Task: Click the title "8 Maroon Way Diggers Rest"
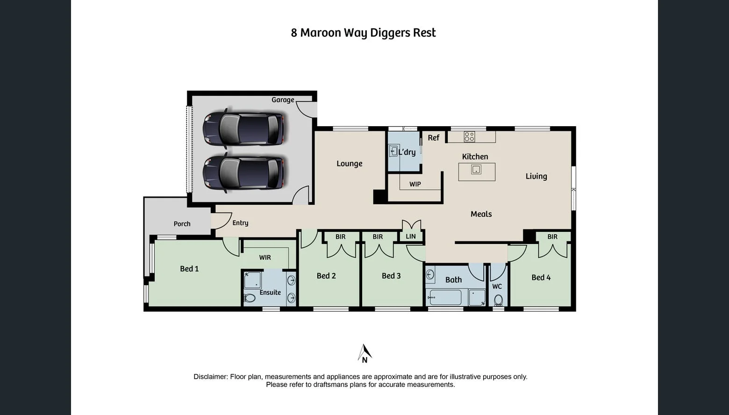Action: pyautogui.click(x=363, y=33)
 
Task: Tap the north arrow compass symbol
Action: pyautogui.click(x=364, y=353)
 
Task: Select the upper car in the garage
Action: pyautogui.click(x=243, y=128)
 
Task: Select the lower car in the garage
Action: pyautogui.click(x=243, y=172)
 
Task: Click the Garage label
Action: pyautogui.click(x=283, y=100)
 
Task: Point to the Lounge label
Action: pyautogui.click(x=349, y=164)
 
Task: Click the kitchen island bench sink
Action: pyautogui.click(x=476, y=170)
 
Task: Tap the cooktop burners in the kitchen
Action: pyautogui.click(x=469, y=136)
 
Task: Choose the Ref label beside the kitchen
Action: pyautogui.click(x=433, y=138)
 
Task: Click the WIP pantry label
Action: pyautogui.click(x=415, y=184)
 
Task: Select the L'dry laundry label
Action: pyautogui.click(x=407, y=152)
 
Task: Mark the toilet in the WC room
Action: pyautogui.click(x=498, y=300)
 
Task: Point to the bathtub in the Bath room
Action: pyautogui.click(x=445, y=297)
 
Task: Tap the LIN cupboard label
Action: pyautogui.click(x=411, y=236)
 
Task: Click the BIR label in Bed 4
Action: pyautogui.click(x=552, y=237)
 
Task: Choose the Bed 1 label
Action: pyautogui.click(x=189, y=269)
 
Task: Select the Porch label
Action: pyautogui.click(x=182, y=224)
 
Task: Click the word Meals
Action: pyautogui.click(x=481, y=214)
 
